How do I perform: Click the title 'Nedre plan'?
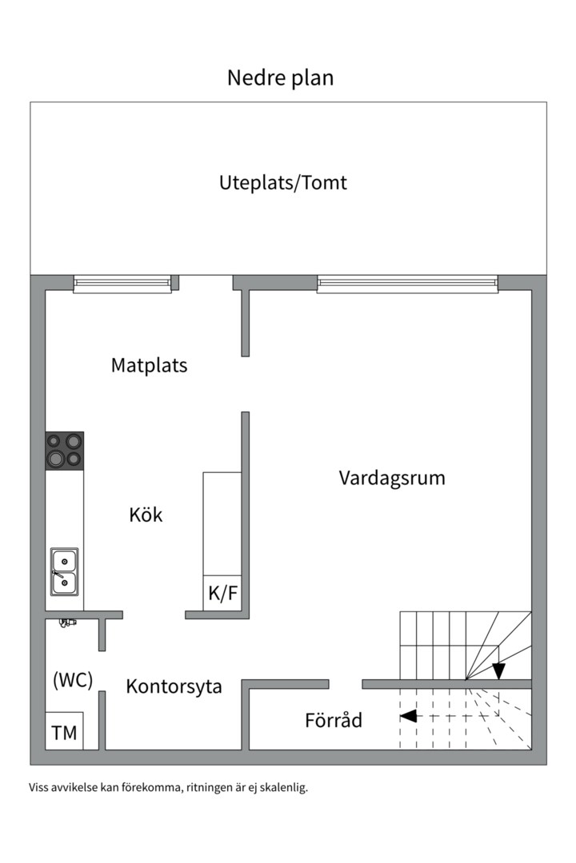tap(280, 78)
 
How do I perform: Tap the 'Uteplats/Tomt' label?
tap(283, 182)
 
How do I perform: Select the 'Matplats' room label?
tap(149, 365)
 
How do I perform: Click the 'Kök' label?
tap(146, 515)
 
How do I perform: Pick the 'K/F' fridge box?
tap(222, 594)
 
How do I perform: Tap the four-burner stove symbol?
tap(65, 451)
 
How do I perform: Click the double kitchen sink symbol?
tap(65, 571)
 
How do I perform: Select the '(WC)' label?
tap(73, 681)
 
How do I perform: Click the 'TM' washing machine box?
tap(64, 732)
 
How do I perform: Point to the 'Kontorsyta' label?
tap(174, 686)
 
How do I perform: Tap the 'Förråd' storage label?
tap(334, 720)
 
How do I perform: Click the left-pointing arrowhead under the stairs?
tap(408, 716)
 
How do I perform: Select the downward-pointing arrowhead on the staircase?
tap(498, 670)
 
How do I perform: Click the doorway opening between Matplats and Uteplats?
tap(206, 282)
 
